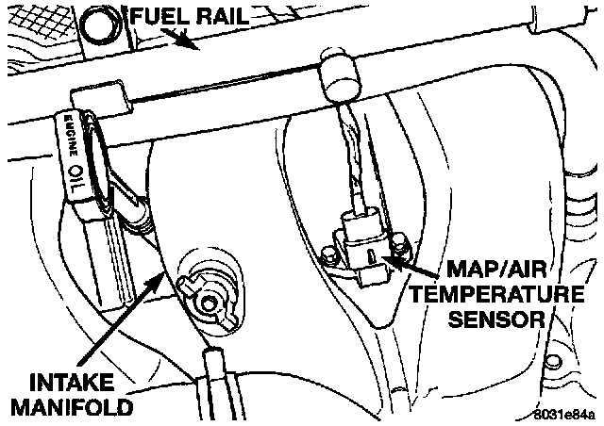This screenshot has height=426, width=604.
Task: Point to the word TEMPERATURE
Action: coord(495,295)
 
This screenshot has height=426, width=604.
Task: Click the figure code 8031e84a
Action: coord(564,414)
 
